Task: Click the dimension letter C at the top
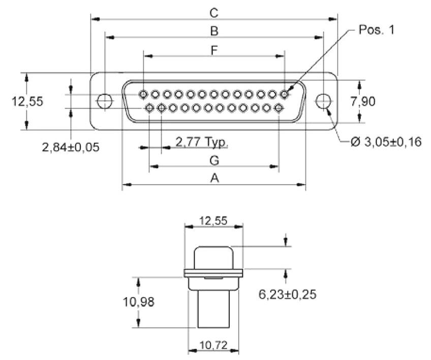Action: [214, 12]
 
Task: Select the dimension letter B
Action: [214, 31]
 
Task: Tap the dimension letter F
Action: [214, 50]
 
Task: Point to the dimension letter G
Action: [214, 160]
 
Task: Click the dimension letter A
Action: [214, 178]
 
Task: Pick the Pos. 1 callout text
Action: [377, 29]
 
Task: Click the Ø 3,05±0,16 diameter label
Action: [386, 142]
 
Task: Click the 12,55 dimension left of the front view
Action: [27, 101]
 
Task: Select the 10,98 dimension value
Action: [138, 303]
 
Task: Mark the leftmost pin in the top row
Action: [144, 94]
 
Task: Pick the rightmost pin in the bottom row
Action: [279, 108]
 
